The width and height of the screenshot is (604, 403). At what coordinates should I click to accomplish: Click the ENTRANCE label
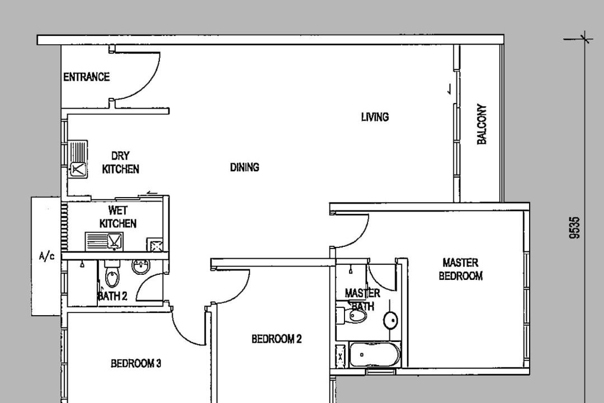coord(86,77)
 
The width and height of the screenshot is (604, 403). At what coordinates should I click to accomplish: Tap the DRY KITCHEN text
coord(120,162)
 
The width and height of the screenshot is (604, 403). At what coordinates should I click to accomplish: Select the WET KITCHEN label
coord(118,217)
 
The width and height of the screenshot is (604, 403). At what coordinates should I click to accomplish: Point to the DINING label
coord(244,167)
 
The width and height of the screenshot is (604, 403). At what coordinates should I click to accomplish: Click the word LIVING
coord(375,117)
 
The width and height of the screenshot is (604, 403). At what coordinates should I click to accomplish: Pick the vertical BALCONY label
coord(482,124)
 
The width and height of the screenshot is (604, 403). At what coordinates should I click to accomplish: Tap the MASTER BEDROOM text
coord(461,269)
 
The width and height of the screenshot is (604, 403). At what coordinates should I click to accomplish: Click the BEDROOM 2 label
coord(277,339)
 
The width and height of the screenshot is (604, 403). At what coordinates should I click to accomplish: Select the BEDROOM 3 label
coord(135,363)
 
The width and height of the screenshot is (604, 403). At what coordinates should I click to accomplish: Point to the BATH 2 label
coord(112,296)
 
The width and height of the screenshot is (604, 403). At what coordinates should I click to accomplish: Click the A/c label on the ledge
coord(46,256)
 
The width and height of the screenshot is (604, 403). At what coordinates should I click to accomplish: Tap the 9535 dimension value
coord(574,228)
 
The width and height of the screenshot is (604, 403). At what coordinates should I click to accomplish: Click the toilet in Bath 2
coord(112,274)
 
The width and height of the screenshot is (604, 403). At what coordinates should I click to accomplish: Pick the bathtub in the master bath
coord(374,354)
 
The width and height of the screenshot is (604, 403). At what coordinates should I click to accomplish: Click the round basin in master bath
coord(390,320)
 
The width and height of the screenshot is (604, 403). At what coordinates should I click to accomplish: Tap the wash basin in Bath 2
coord(140,266)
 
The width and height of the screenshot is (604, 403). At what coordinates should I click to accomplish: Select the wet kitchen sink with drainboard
coord(103,241)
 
